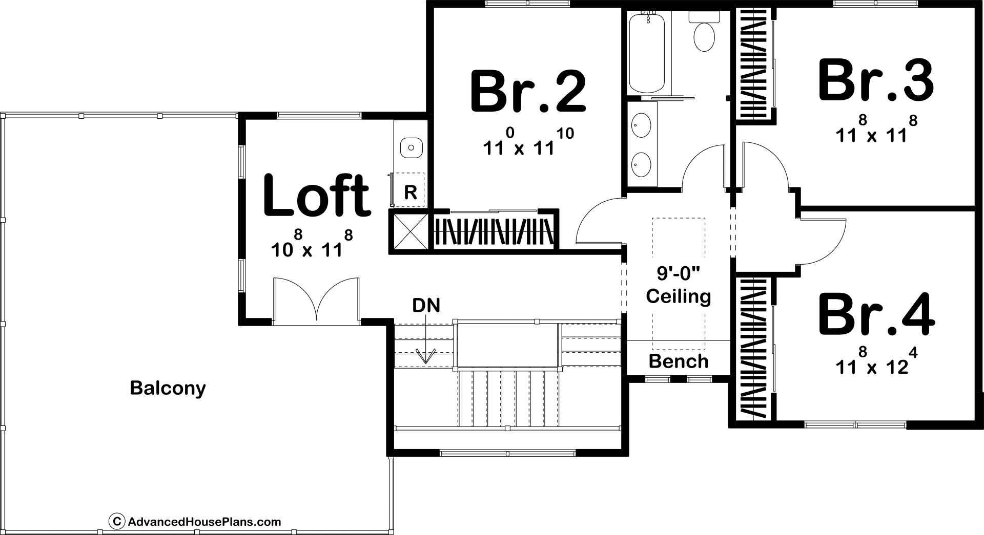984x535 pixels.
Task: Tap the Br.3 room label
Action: (876, 80)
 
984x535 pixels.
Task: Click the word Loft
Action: (316, 195)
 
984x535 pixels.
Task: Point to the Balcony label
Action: (168, 388)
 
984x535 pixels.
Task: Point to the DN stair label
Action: (426, 306)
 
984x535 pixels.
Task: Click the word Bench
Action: (679, 361)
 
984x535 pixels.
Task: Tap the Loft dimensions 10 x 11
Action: (312, 243)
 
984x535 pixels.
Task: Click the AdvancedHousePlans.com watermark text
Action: (204, 522)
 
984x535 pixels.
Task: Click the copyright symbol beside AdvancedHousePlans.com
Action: (117, 522)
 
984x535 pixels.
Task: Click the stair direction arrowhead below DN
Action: (426, 356)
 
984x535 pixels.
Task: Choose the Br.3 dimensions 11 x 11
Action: (876, 131)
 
